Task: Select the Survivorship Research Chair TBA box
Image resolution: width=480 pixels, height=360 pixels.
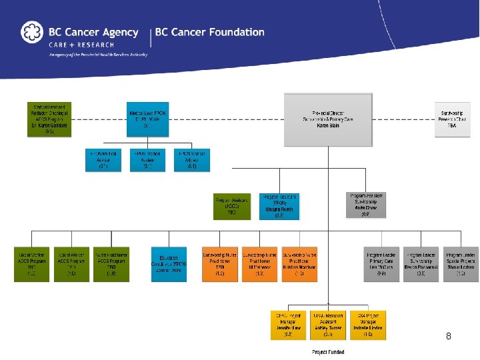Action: (x=455, y=119)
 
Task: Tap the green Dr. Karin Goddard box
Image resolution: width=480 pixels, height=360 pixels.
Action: (x=49, y=119)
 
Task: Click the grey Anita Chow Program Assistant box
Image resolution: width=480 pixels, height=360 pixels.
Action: (x=366, y=205)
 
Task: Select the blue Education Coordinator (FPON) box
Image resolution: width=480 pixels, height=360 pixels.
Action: (x=169, y=264)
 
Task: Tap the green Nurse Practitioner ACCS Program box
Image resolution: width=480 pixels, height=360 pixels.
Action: (x=111, y=264)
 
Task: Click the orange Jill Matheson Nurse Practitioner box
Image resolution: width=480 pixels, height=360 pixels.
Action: (x=259, y=264)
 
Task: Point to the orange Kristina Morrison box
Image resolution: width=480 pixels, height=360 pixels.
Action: (x=299, y=264)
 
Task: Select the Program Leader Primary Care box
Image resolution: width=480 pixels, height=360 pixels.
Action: (x=381, y=264)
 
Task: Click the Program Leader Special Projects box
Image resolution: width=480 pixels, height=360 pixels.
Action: (x=461, y=264)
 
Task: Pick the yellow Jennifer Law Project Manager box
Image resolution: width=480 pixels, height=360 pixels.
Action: (x=288, y=325)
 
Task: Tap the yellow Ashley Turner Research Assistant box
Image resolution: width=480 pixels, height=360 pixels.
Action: (x=328, y=325)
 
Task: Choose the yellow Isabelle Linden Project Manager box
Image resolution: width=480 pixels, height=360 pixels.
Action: (x=368, y=325)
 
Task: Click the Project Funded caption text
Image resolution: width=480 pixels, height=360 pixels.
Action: (x=328, y=352)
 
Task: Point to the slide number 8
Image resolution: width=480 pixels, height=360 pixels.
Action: (x=449, y=337)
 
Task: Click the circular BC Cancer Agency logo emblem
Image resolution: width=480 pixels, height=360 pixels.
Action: (x=31, y=32)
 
